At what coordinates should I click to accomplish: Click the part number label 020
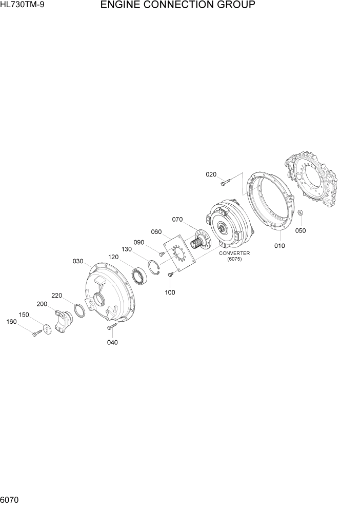[211, 174]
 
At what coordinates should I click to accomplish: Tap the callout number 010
[279, 246]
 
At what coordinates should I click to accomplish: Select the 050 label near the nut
[300, 230]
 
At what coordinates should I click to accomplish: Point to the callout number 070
[177, 220]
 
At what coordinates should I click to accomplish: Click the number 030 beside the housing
[78, 261]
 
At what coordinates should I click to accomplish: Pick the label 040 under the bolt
[112, 343]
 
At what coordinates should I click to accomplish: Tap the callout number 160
[11, 322]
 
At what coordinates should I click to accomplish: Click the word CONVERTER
[234, 253]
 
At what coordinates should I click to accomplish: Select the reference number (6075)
[234, 260]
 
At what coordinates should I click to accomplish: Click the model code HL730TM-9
[22, 6]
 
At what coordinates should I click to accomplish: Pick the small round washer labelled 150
[47, 328]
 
